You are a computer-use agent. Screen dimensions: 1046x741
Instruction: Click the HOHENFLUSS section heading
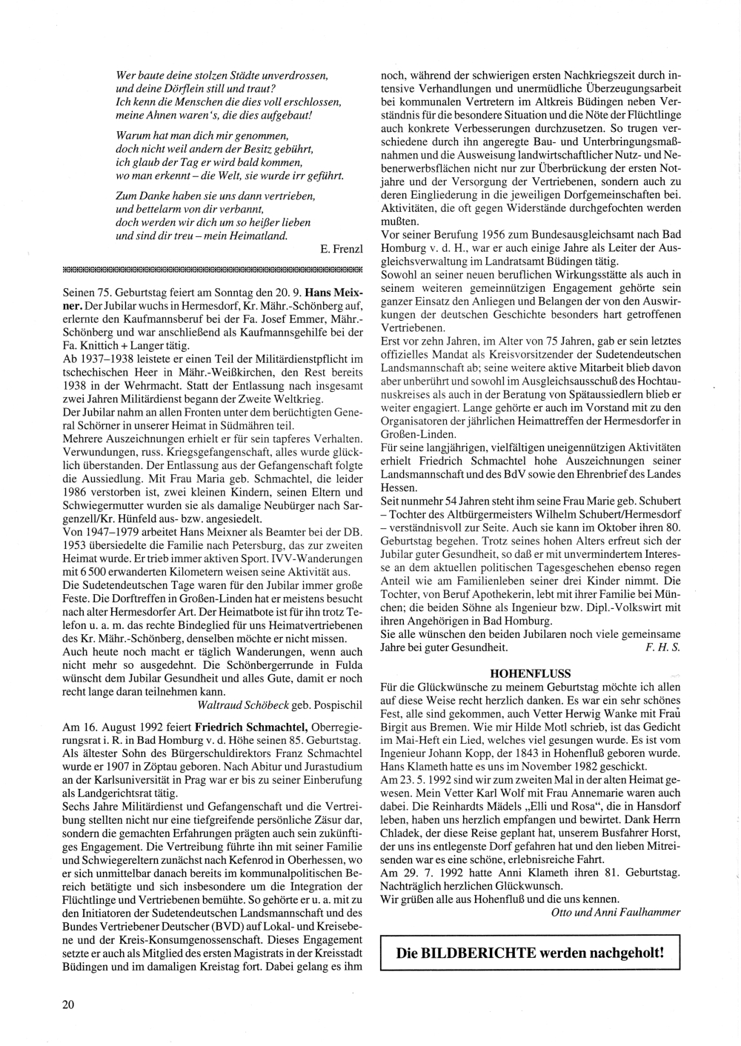point(530,673)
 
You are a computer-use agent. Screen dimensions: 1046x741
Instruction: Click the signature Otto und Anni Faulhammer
point(616,912)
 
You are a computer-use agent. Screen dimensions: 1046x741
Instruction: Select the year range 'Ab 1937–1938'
point(99,359)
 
